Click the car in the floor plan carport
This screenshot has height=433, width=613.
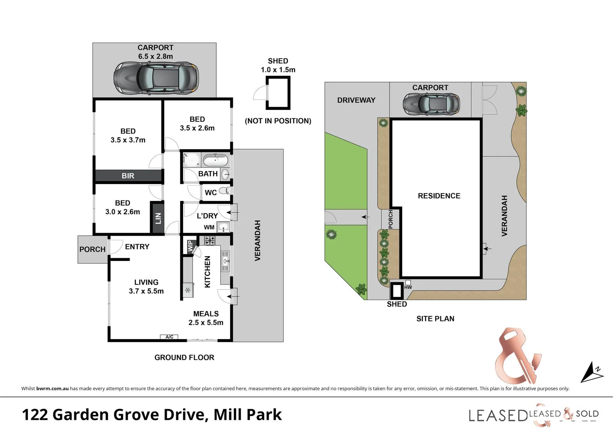(x=156, y=78)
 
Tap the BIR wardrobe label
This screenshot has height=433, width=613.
(x=128, y=176)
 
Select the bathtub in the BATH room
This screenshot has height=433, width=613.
(x=215, y=161)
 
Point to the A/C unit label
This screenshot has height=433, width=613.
(x=169, y=337)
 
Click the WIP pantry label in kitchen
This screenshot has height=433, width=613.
(x=190, y=245)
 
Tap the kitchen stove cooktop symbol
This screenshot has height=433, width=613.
(x=210, y=241)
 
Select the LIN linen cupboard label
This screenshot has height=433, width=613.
(x=158, y=219)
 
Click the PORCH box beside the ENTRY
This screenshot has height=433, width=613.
(x=92, y=249)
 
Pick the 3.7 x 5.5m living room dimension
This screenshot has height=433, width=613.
(x=146, y=291)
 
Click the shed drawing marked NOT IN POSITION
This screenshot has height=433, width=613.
(x=278, y=93)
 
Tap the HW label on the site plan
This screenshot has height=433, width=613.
(x=408, y=287)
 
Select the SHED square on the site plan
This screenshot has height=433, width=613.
(x=397, y=291)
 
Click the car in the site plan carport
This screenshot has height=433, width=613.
(x=431, y=104)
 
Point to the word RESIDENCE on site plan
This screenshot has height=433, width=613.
(x=439, y=196)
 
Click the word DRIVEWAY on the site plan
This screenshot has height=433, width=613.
(x=356, y=100)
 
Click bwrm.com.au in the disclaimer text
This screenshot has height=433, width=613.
(x=52, y=388)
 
